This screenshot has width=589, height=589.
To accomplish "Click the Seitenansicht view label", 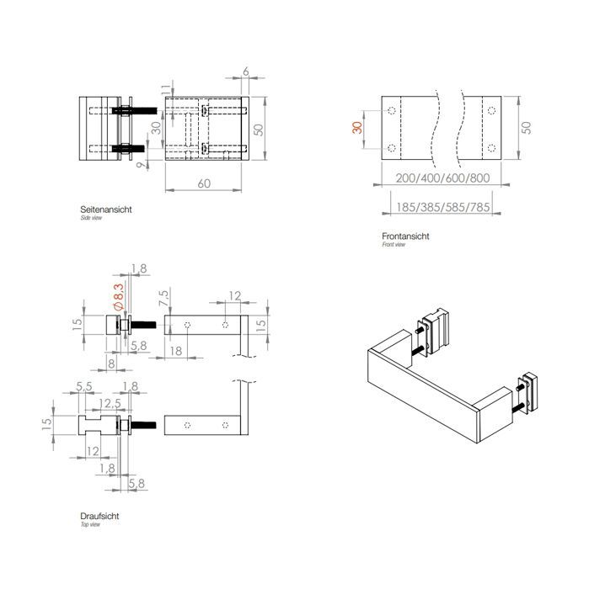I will (104, 209).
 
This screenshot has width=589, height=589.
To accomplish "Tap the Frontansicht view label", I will (405, 236).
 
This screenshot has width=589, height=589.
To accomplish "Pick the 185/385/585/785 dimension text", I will (442, 207).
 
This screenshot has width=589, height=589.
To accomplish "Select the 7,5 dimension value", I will (163, 297).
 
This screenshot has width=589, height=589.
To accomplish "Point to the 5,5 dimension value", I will (83, 386).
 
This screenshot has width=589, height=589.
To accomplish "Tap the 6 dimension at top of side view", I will (245, 74).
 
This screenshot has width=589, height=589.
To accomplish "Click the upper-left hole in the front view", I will (391, 111).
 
